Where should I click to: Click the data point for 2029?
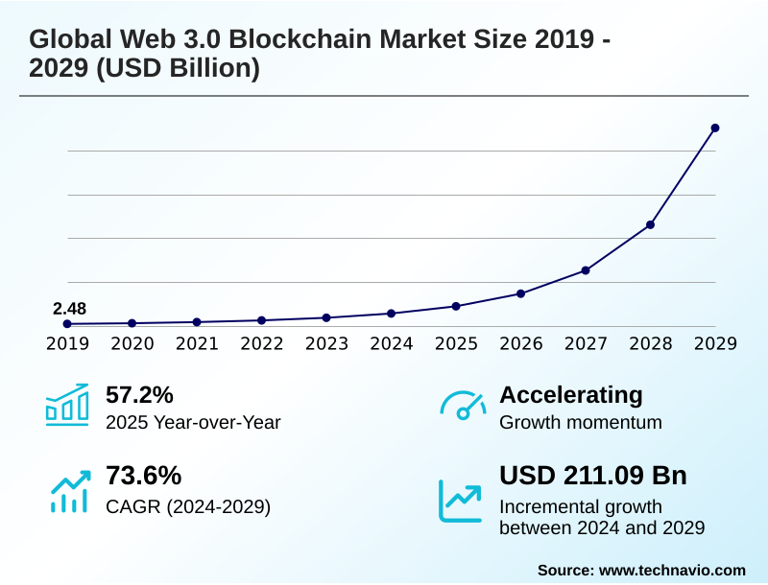click(715, 128)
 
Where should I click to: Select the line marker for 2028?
click(650, 224)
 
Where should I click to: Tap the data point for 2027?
click(586, 270)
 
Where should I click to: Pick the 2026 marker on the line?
click(520, 293)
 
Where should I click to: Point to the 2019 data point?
click(67, 324)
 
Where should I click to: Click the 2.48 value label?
click(69, 309)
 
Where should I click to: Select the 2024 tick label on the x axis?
click(391, 343)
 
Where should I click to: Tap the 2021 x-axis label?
click(197, 343)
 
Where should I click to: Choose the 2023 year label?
click(326, 343)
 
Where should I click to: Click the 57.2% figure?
click(139, 394)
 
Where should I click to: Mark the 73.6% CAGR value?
click(143, 476)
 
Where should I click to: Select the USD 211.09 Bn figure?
click(593, 476)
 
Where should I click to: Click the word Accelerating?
click(571, 394)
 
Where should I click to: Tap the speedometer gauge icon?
click(463, 406)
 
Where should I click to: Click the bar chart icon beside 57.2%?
click(67, 405)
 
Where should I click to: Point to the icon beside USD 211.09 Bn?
click(461, 500)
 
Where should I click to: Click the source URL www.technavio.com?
click(672, 570)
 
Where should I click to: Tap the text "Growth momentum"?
click(581, 422)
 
